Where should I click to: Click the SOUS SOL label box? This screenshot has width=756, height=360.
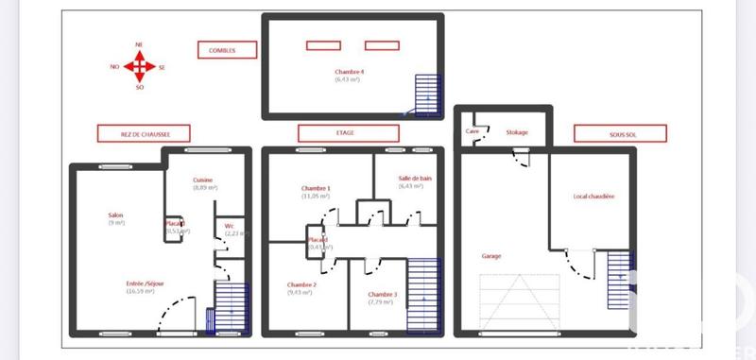tap(620, 133)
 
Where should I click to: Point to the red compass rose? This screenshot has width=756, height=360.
tap(140, 66)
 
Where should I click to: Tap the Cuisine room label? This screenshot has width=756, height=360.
tap(203, 180)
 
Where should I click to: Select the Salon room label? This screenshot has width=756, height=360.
tap(115, 215)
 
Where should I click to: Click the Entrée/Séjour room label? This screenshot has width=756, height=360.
tap(142, 283)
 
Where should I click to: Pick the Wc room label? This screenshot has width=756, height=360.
tap(230, 226)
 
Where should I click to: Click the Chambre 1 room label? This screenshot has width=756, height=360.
tap(316, 189)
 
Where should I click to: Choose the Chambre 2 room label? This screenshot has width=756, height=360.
tap(301, 284)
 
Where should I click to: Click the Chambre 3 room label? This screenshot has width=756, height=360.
tap(382, 295)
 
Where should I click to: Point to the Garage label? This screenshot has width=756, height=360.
tap(491, 256)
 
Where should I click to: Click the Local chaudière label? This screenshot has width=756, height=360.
tap(593, 197)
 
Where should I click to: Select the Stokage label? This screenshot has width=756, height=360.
tap(517, 132)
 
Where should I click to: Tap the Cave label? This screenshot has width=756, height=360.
tap(472, 131)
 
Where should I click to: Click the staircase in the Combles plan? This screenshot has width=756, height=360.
tap(428, 95)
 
